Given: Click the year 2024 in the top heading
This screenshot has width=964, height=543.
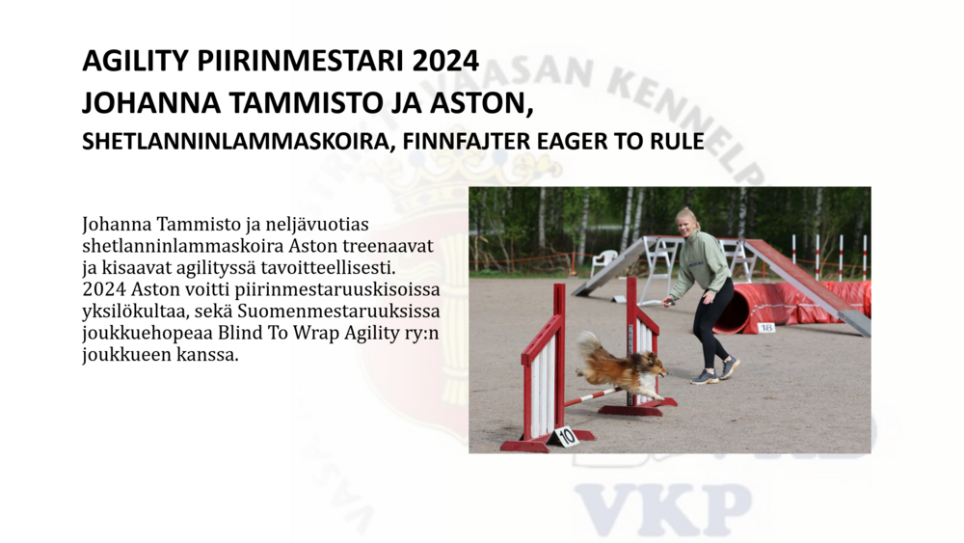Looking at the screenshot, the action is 445,61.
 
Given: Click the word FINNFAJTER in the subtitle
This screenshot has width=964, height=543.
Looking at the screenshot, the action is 467,142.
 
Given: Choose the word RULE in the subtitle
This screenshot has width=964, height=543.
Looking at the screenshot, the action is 678,142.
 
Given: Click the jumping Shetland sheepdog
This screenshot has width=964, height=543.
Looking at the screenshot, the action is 621,367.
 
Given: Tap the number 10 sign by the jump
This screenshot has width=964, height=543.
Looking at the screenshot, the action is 566,436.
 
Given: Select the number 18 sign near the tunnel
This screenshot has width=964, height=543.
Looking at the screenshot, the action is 766,328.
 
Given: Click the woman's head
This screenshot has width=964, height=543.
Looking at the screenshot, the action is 686,223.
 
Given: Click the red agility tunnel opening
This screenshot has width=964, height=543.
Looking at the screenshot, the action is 736,308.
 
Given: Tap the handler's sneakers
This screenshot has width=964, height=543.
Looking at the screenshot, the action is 716,372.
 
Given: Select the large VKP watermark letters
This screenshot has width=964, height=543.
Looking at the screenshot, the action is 664,510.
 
